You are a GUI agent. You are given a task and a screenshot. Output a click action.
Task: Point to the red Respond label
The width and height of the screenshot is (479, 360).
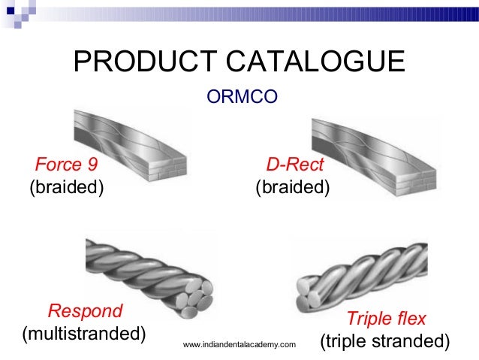pos(85,310)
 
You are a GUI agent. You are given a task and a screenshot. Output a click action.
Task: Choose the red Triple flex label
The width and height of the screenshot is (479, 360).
pos(386,319)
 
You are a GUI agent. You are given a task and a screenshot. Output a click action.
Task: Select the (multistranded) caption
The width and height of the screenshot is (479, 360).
pos(84,332)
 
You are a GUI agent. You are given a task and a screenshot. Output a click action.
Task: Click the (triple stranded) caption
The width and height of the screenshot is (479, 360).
pos(384,341)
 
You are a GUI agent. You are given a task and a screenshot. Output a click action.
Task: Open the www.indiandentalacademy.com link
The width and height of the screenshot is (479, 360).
pos(239,345)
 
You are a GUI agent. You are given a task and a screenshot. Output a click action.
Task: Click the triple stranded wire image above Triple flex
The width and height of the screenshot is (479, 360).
pos(360,271)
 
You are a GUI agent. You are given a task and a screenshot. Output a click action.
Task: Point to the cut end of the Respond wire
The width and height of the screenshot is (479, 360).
pos(193,300)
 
